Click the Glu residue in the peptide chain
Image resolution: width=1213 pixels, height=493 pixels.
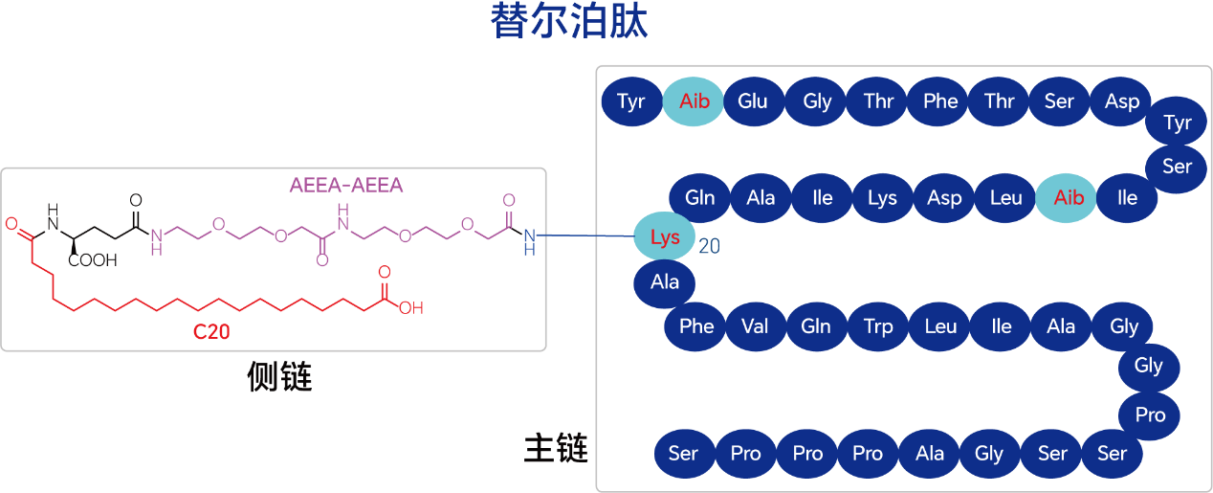753,101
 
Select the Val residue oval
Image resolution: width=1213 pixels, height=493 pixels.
756,325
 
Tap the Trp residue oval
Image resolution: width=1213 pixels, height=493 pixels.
878,325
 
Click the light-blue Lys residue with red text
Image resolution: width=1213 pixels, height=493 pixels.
665,237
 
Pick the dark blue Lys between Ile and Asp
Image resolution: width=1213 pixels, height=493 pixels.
882,198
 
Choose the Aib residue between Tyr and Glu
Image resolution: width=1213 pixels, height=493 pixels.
695,101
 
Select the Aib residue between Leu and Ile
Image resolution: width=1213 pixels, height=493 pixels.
1069,198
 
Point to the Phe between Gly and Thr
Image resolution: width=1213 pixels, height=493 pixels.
940,101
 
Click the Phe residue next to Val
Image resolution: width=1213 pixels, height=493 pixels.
696,325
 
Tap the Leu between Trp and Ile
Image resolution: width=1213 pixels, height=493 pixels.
940,325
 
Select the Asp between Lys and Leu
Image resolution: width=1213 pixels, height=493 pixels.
944,198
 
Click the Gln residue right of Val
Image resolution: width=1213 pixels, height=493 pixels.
816,325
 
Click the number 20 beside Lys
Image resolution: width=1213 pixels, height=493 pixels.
709,247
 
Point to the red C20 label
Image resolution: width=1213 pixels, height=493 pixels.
211,332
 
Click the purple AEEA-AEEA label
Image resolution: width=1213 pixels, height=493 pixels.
346,185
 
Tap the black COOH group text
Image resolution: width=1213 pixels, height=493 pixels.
93,259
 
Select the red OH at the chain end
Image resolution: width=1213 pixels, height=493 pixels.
411,308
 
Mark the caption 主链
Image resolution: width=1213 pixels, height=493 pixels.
556,448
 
